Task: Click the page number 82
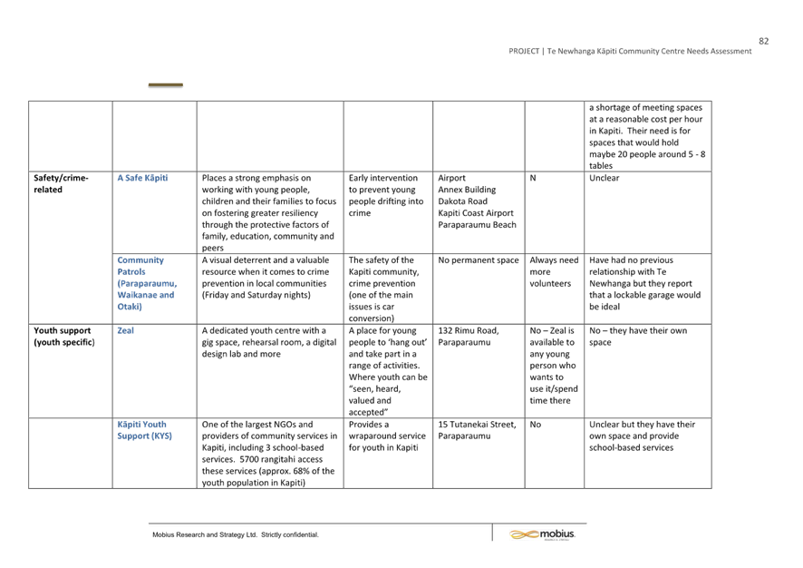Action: [x=763, y=41]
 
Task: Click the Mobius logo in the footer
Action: [x=542, y=534]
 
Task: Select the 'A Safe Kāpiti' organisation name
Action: [x=142, y=178]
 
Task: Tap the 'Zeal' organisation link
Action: [x=125, y=330]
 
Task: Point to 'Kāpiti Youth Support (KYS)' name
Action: [x=144, y=430]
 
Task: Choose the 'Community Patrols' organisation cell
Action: [x=147, y=283]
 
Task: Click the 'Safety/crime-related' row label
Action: [x=61, y=183]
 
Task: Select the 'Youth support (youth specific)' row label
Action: [x=64, y=337]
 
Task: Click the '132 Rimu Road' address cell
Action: [x=468, y=337]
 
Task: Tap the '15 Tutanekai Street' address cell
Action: [x=477, y=430]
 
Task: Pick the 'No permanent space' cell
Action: [x=479, y=260]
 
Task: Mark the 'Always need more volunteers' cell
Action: [x=554, y=271]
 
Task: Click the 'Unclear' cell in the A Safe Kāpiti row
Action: [x=604, y=178]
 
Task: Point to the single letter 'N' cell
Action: [x=533, y=178]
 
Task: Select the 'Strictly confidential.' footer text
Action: [x=290, y=534]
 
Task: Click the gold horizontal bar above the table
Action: [x=166, y=84]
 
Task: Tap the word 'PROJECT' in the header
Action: [x=524, y=51]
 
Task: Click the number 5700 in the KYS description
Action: [x=249, y=459]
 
